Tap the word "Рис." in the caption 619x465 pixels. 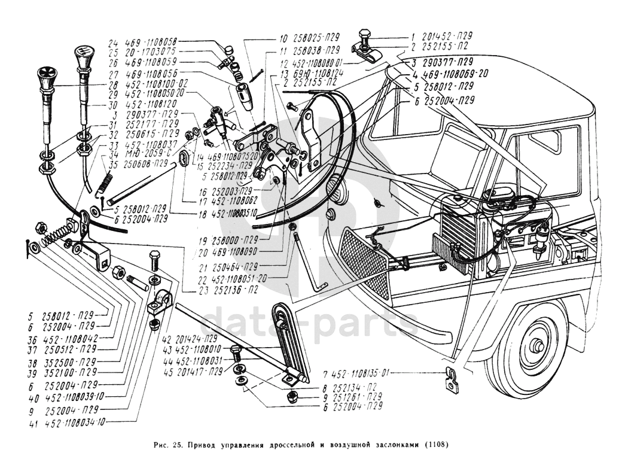[161, 445]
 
